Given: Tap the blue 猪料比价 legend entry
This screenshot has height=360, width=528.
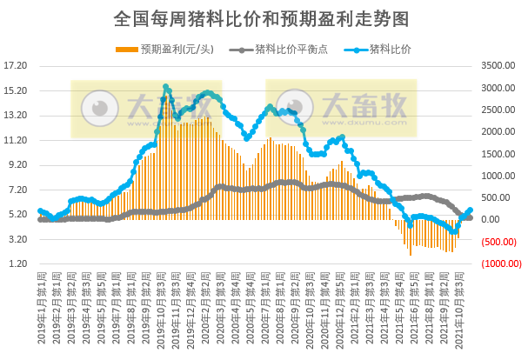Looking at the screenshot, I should coord(389,48).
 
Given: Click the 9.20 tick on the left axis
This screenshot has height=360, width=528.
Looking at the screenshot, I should coord(17,164).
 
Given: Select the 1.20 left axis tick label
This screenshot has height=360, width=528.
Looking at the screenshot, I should coord(17,263).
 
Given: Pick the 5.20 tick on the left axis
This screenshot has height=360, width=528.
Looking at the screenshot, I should coord(17,214).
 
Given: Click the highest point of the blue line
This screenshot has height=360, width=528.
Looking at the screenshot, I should coord(165,86).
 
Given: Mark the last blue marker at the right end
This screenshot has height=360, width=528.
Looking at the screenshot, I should coord(471,210).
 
